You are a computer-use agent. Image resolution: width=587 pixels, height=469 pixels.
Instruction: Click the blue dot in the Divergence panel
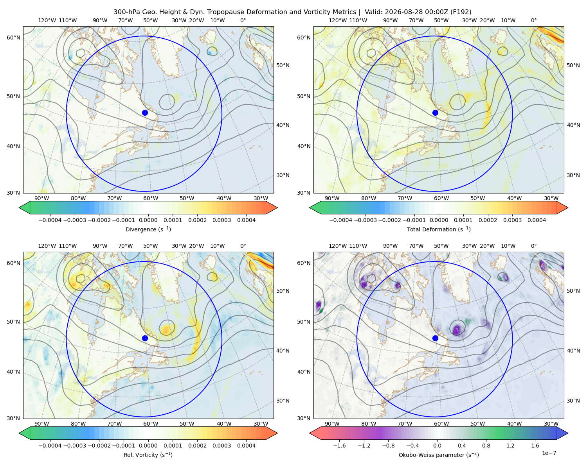point(145,113)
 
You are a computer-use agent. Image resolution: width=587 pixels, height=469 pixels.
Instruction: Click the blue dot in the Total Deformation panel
point(435,113)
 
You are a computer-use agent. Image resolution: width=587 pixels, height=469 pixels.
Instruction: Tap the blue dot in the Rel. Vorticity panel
point(145,338)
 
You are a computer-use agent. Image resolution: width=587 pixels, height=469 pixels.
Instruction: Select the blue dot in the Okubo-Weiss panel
point(435,338)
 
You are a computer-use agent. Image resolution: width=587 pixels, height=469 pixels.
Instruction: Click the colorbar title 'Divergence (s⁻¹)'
point(148,229)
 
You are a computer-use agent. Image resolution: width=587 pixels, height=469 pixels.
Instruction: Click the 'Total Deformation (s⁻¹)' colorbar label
point(439,229)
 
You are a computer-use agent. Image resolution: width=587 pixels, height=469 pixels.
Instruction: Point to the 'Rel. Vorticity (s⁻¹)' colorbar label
point(148,455)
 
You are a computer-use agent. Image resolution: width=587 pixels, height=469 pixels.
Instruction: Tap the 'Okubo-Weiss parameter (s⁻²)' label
point(439,455)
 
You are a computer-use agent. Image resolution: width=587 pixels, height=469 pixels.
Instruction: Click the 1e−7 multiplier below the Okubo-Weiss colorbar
point(549,453)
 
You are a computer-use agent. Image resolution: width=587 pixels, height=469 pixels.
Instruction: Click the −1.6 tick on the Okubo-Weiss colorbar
point(339,445)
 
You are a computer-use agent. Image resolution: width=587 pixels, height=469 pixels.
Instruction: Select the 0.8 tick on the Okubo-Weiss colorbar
point(486,445)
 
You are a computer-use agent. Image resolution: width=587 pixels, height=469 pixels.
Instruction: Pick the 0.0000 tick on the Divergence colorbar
point(148,220)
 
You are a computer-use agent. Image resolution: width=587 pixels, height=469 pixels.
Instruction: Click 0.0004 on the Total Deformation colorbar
point(537,220)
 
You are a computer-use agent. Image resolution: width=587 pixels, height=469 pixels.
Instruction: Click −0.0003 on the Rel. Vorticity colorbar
point(74,445)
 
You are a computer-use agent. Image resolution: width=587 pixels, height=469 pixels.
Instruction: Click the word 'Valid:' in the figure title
point(373,12)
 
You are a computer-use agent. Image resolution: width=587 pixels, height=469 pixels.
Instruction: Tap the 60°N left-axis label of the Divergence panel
point(13,38)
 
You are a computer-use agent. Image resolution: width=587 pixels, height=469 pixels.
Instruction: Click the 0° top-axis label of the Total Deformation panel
point(533,20)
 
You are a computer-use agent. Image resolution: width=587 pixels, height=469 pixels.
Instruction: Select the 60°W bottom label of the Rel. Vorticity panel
point(151,424)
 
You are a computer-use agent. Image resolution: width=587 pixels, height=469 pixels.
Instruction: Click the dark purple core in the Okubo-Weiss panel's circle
point(457,331)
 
